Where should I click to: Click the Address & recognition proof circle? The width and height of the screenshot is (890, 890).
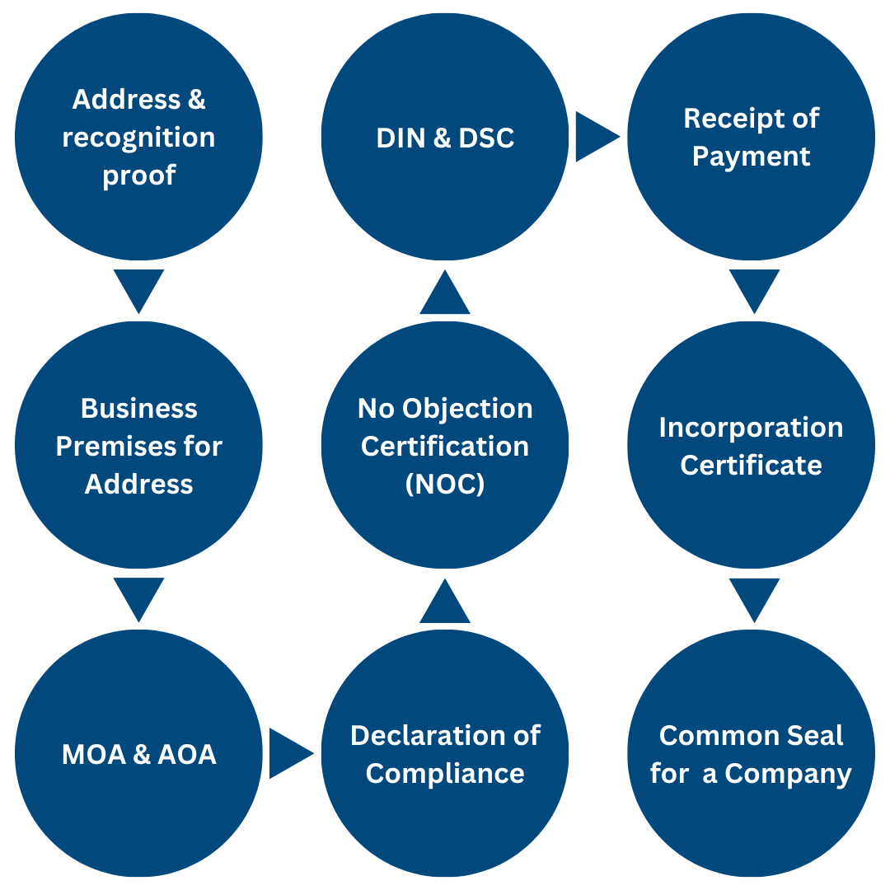click(x=138, y=137)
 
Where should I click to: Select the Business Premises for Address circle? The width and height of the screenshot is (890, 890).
click(x=138, y=445)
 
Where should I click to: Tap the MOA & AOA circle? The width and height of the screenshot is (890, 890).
click(x=138, y=753)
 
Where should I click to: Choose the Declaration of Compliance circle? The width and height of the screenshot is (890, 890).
click(x=445, y=753)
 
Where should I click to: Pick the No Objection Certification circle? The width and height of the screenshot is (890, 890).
click(x=445, y=445)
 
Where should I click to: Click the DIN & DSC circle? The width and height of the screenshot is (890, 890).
click(x=445, y=137)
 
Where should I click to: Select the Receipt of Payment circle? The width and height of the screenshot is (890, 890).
click(x=752, y=137)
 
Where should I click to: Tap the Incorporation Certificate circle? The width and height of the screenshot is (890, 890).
click(x=752, y=445)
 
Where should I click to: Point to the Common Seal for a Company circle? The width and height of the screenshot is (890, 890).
click(x=752, y=753)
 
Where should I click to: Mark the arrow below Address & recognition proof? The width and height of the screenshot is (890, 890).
click(x=138, y=288)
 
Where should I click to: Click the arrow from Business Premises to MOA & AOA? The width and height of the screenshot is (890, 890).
click(x=138, y=597)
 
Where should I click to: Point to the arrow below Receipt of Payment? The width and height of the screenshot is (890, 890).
click(x=753, y=288)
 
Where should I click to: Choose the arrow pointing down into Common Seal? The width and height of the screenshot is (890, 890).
click(x=753, y=597)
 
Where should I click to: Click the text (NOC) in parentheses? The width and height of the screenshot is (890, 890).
click(x=445, y=485)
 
